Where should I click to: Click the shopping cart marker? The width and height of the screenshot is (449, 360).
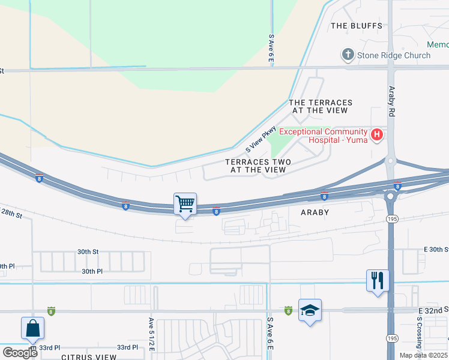point(185,204)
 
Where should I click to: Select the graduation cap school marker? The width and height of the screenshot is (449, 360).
point(310,310)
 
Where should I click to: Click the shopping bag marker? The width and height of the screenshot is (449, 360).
point(32,328)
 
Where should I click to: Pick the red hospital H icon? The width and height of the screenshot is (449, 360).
point(376,135)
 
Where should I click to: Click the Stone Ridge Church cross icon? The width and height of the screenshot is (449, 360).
point(347,55)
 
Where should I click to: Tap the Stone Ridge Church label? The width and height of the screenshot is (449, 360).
point(393,55)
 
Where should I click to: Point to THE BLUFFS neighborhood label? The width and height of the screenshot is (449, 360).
point(357,26)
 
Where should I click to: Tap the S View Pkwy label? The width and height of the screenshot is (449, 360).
point(261,139)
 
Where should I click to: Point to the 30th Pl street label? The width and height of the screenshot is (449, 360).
point(92,271)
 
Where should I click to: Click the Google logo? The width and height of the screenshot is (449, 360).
point(20,352)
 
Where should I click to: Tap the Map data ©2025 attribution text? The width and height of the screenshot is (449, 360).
point(424,355)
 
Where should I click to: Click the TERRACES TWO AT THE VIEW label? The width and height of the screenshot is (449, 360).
point(258,166)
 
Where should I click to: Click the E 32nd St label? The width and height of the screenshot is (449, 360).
point(432,310)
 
